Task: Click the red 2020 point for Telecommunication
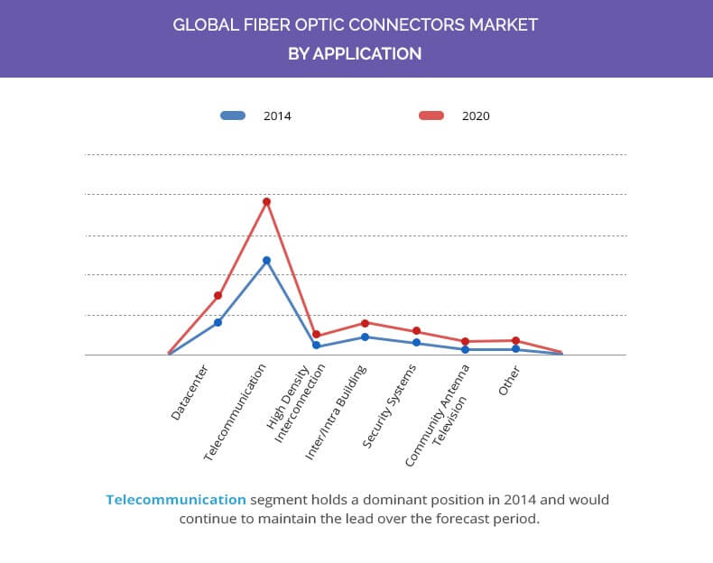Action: point(266,201)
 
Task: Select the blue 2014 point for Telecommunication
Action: point(266,261)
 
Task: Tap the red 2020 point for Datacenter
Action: point(218,295)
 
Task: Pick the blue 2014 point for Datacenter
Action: point(218,322)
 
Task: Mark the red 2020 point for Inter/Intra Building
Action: point(366,323)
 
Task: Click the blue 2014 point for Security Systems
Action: point(416,343)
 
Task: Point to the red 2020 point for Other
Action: point(515,341)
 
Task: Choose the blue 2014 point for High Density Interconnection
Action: point(316,346)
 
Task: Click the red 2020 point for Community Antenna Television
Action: point(465,342)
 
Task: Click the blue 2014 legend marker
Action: point(233,115)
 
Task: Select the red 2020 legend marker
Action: point(431,115)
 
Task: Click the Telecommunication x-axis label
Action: point(236,413)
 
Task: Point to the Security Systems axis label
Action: point(390,406)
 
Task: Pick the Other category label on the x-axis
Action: point(509,380)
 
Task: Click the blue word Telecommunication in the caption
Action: point(175,499)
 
